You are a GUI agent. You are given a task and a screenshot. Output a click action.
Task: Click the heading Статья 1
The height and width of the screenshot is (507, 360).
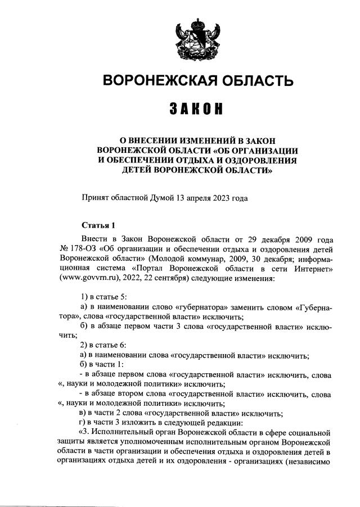point(98,225)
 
